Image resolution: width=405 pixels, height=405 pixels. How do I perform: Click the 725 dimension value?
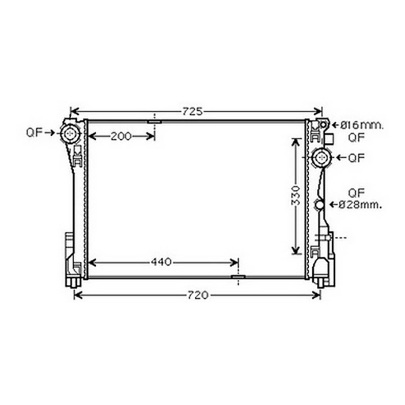pyautogui.click(x=192, y=112)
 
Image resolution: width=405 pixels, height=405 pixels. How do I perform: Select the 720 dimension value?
pyautogui.click(x=197, y=295)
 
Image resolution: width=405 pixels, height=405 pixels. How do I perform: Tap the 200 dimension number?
pyautogui.click(x=121, y=136)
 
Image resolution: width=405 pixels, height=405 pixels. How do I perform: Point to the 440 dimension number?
pyautogui.click(x=161, y=262)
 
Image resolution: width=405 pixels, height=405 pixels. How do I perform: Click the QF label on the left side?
pyautogui.click(x=34, y=133)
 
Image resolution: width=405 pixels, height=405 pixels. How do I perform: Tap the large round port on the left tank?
pyautogui.click(x=70, y=134)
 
